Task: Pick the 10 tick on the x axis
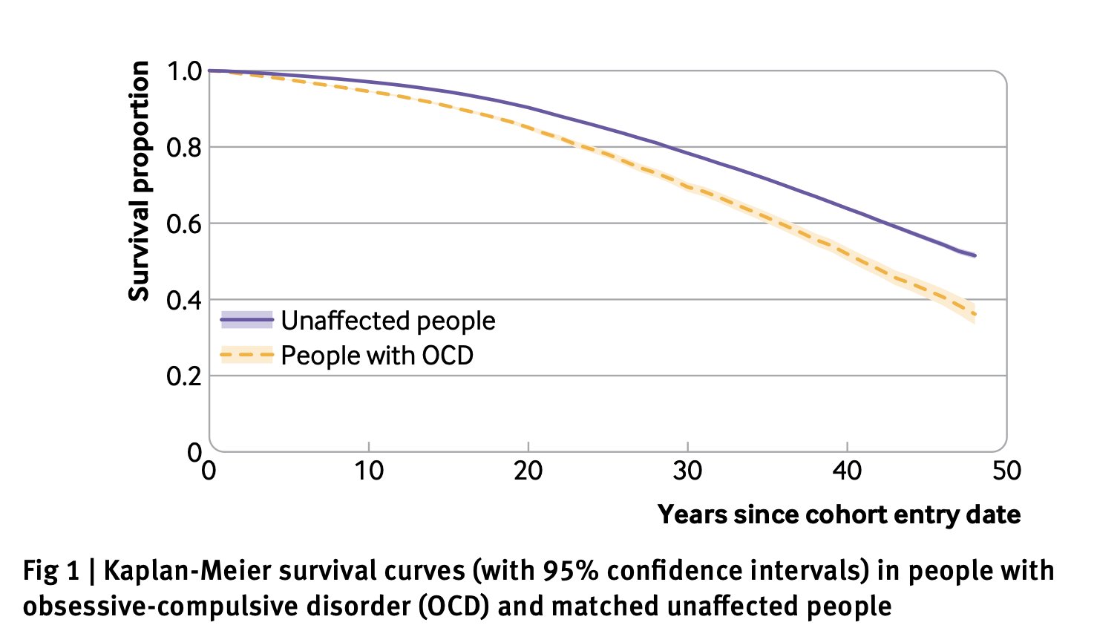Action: tap(369, 471)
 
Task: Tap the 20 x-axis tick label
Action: tap(528, 471)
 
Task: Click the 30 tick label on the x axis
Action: tap(688, 471)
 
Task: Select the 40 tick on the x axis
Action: tap(847, 471)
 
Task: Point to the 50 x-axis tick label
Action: tap(1006, 471)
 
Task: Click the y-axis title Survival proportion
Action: tap(139, 181)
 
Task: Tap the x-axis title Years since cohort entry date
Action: tap(839, 514)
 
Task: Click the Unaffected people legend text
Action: tap(388, 321)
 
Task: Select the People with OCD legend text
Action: tap(377, 356)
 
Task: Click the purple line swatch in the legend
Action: tap(247, 321)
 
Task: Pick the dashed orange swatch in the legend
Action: tap(247, 356)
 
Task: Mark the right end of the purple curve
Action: tap(975, 255)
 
